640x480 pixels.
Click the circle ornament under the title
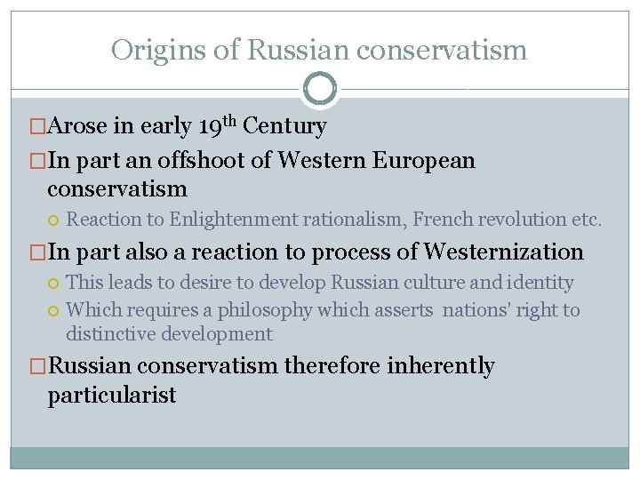tap(320, 89)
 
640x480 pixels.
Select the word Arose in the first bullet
tap(79, 127)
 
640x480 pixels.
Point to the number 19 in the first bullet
tap(212, 127)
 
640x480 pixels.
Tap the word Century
tap(285, 127)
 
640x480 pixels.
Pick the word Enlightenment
tap(234, 219)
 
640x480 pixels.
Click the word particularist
tap(112, 395)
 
